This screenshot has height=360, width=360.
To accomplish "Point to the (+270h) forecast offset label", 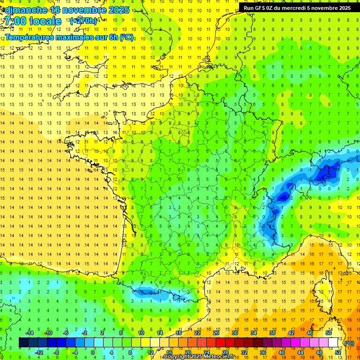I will coord(83,21).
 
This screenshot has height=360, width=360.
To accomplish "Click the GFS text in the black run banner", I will coord(262,7).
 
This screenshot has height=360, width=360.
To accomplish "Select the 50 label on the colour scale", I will coord(329,333).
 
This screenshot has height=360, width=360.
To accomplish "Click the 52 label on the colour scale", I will coord(338,352).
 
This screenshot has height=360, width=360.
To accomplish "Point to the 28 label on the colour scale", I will coord(225,352).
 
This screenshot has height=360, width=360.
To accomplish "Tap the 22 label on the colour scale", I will coord(197,333).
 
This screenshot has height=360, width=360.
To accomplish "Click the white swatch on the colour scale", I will coord(333,343).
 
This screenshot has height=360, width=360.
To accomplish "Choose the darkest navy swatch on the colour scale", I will coord(23,343).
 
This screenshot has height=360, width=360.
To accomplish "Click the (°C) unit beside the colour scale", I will coord(349,343).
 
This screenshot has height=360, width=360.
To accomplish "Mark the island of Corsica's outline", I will coord(322,291).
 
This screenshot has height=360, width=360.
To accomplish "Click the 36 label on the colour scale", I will coord(263,352).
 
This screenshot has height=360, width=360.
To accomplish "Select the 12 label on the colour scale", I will coord(150,352).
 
